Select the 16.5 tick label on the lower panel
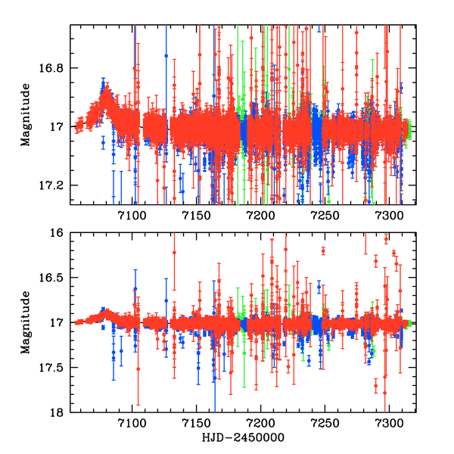(51, 278)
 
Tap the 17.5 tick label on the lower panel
(51, 368)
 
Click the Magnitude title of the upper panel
(26, 114)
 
